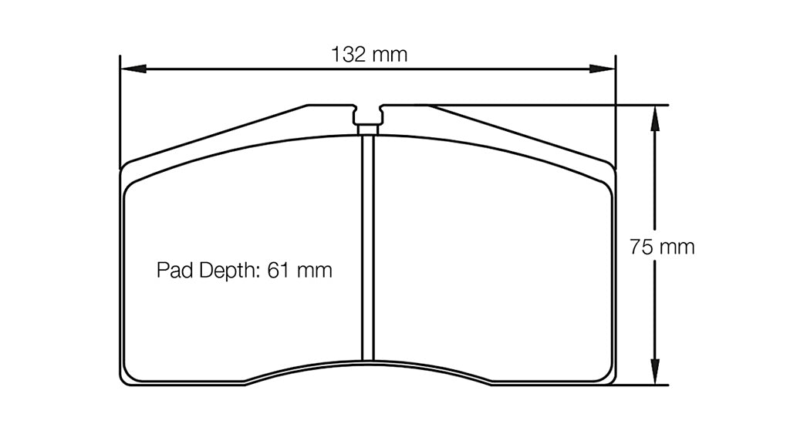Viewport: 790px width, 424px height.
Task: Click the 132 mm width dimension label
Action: point(368,55)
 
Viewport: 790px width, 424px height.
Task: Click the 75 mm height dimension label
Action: point(661,247)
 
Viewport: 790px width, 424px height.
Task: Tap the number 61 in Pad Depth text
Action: point(278,271)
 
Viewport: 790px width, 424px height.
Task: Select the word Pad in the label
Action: point(172,271)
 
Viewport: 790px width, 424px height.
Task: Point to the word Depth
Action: point(225,271)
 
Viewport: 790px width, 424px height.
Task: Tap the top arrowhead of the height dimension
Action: point(655,115)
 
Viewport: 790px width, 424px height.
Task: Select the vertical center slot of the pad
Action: point(368,247)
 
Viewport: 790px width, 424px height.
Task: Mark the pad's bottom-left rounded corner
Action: point(126,377)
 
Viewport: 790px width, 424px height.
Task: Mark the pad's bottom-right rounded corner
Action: point(610,377)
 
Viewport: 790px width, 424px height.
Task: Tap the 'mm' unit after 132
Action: point(390,55)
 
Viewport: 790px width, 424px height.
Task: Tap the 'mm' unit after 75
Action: point(677,247)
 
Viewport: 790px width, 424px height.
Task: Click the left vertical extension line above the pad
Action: point(120,108)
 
